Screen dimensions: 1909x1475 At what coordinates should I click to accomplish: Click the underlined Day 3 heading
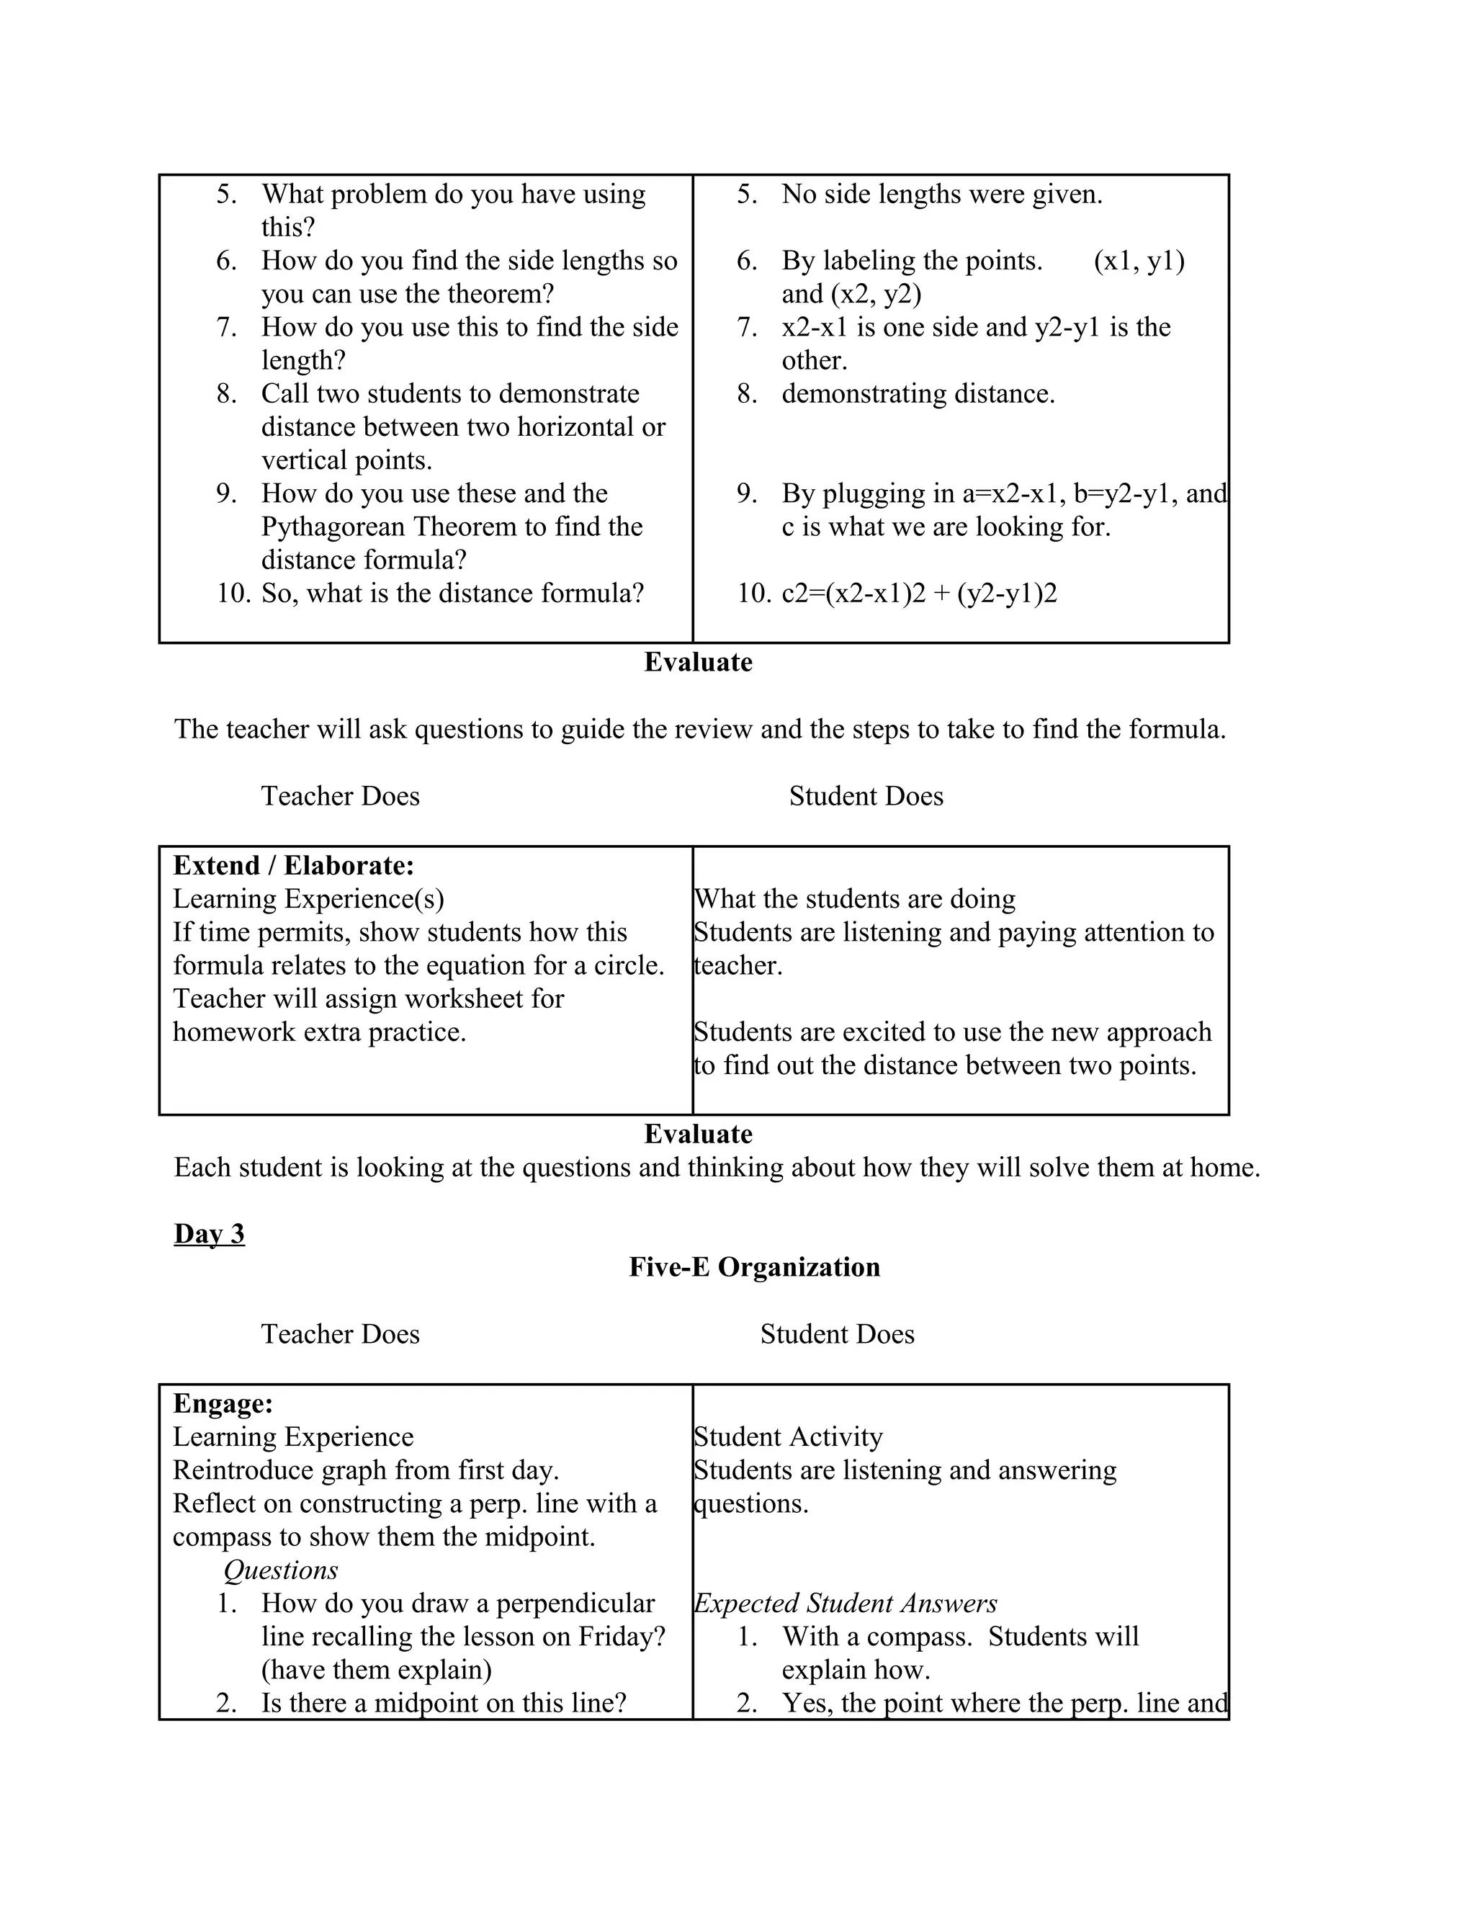tap(209, 1233)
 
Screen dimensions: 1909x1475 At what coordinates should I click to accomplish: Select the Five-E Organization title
tap(754, 1266)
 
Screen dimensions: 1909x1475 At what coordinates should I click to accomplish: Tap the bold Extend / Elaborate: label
tap(294, 865)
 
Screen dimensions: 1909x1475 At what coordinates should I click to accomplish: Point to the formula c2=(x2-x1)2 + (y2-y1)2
tap(918, 594)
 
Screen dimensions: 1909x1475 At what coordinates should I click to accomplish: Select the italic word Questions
tap(280, 1570)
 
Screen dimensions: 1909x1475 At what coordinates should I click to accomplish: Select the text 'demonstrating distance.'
tap(918, 394)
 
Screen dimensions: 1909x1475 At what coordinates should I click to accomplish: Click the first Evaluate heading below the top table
tap(698, 662)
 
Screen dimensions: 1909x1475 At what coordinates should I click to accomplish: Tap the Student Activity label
tap(788, 1436)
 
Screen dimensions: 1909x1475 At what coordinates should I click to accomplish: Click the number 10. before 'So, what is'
tap(233, 594)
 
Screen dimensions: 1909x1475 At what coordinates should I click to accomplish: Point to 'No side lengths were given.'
tap(941, 194)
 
